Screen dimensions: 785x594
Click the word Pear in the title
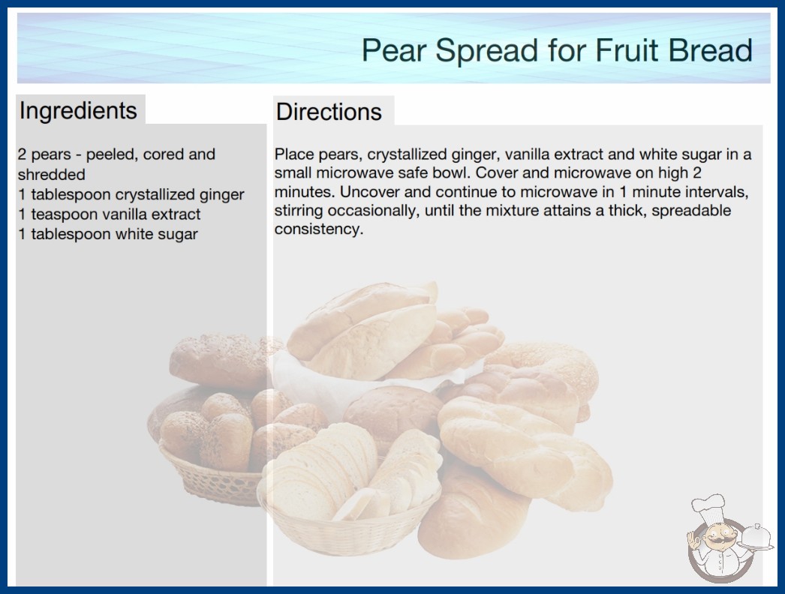(x=393, y=50)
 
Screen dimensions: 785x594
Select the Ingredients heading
(x=78, y=111)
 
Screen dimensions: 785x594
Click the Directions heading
(x=329, y=111)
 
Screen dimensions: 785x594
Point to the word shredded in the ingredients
(x=52, y=175)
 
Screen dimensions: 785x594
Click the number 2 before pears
(x=22, y=154)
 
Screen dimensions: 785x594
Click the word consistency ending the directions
(x=318, y=229)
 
